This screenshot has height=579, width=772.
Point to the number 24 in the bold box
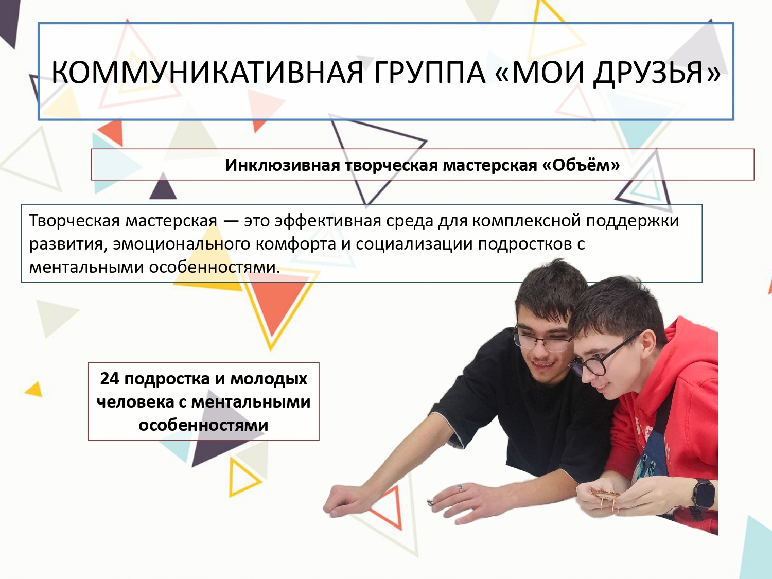pyautogui.click(x=110, y=379)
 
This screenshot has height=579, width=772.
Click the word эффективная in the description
pyautogui.click(x=327, y=221)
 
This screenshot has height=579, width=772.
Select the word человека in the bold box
pyautogui.click(x=135, y=402)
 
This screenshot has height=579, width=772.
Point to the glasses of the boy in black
pyautogui.click(x=541, y=340)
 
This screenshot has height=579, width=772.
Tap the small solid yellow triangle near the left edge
pyautogui.click(x=34, y=390)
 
